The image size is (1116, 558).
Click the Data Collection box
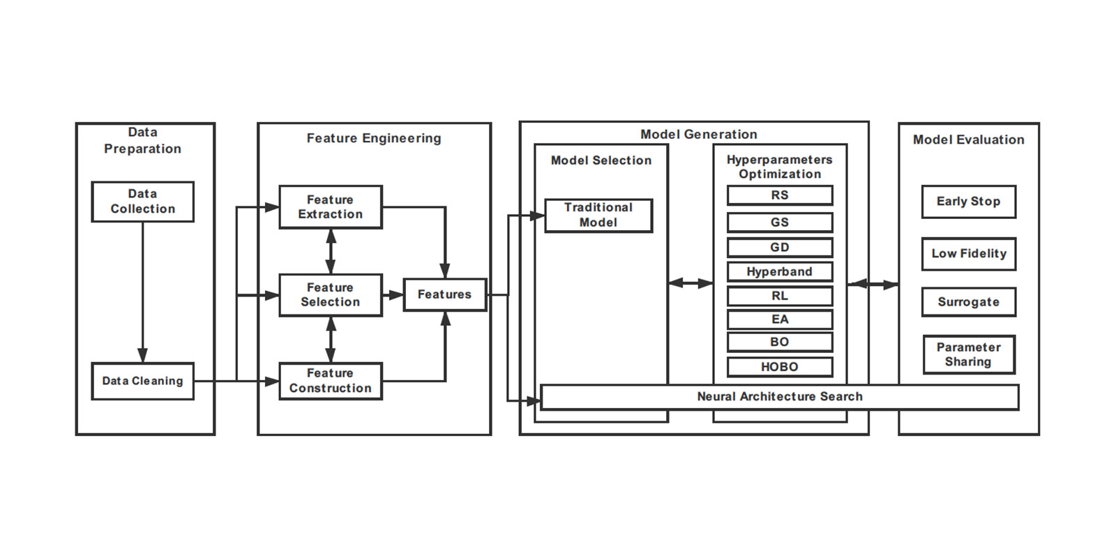(142, 202)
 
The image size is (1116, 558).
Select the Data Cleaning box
(142, 381)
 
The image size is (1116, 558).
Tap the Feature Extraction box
(331, 207)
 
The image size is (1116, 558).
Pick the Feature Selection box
(331, 295)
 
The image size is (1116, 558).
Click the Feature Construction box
(331, 381)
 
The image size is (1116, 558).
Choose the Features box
(444, 294)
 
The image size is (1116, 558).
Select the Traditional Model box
(598, 215)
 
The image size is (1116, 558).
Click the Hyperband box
(780, 271)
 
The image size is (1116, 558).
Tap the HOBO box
(780, 367)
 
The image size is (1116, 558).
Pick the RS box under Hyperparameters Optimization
(780, 195)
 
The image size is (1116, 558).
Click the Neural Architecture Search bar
(780, 397)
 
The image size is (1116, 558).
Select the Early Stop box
(968, 202)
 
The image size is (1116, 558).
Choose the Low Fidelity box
(968, 254)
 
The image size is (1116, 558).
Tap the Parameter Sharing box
(968, 354)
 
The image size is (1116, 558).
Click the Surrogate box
(968, 302)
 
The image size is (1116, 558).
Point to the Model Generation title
(698, 134)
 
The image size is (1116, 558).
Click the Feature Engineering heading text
(374, 138)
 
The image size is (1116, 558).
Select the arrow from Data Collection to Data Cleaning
(142, 293)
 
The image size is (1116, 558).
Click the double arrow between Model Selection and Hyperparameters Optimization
(691, 283)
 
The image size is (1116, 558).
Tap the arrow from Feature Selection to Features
(393, 295)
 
